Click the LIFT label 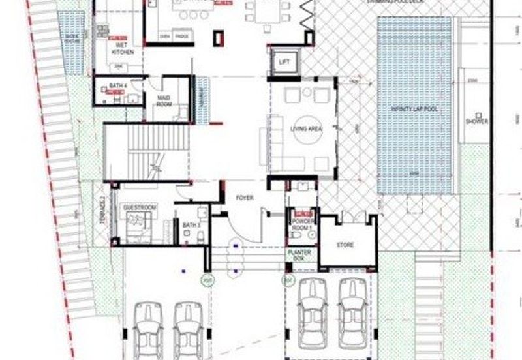point(284,62)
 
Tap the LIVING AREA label point(306,129)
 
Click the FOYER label point(245,197)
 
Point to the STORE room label point(345,245)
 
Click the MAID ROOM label point(164,100)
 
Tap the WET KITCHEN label point(123,48)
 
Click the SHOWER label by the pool point(472,121)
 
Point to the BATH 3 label point(191,225)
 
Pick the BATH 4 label point(117,86)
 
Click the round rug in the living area point(306,129)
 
